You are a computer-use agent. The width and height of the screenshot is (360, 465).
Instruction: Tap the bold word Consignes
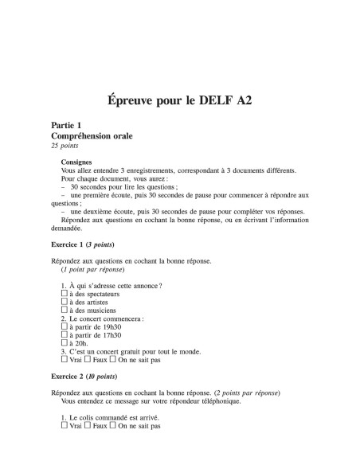pyautogui.click(x=76, y=162)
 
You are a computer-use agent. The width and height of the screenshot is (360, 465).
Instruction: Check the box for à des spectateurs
pyautogui.click(x=65, y=294)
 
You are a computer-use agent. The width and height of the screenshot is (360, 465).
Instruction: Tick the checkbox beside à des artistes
pyautogui.click(x=65, y=303)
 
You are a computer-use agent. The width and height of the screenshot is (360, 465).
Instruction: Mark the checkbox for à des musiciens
pyautogui.click(x=65, y=311)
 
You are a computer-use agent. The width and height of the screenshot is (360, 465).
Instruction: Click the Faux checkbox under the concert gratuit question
pyautogui.click(x=85, y=360)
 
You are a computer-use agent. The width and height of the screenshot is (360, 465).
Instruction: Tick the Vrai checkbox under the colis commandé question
pyautogui.click(x=65, y=426)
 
